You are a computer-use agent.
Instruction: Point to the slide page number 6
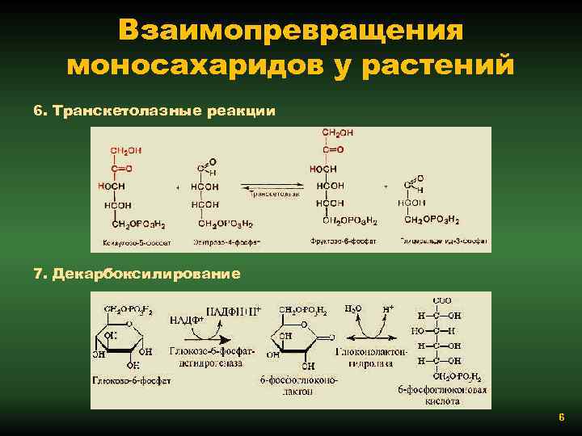561,417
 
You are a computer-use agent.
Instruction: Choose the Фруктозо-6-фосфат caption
339,241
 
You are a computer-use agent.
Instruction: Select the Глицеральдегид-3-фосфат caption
445,241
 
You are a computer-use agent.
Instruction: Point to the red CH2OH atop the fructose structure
337,132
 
